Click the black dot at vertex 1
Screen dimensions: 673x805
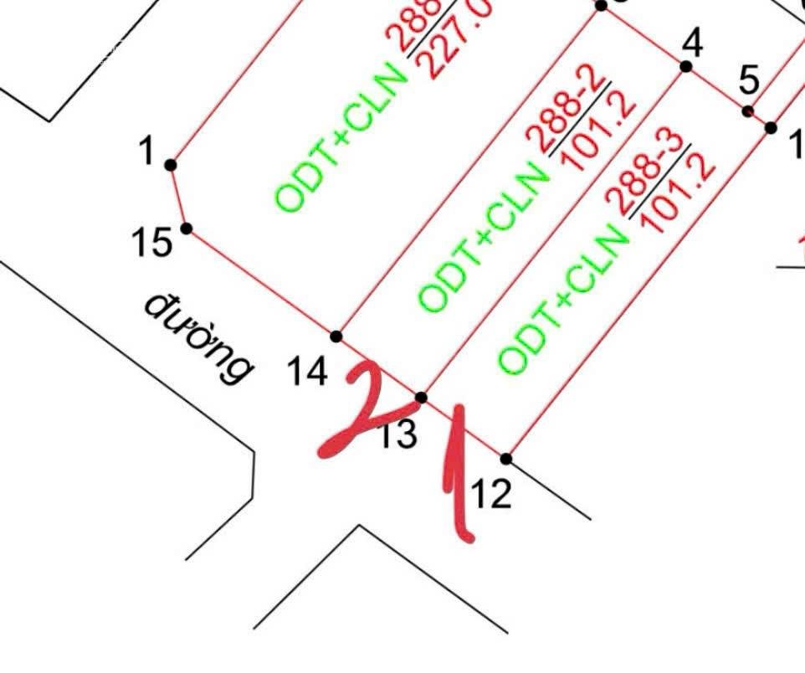tap(171, 165)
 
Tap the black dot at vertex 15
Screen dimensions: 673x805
tap(187, 229)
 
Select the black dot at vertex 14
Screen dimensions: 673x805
tap(336, 336)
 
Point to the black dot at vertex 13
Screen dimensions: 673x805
tap(422, 398)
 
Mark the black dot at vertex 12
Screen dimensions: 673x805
tap(506, 459)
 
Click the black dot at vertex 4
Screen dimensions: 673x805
tap(686, 66)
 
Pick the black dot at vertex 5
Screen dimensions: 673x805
tap(748, 110)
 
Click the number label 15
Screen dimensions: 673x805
tap(151, 244)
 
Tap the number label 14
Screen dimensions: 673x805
tap(307, 372)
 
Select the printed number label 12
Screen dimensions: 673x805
tap(491, 495)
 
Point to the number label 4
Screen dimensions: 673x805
tap(692, 40)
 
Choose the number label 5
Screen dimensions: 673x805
tap(750, 82)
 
